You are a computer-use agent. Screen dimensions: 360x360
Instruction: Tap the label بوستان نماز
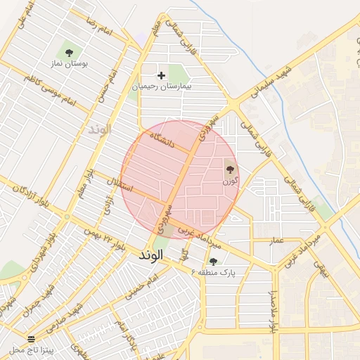(70, 64)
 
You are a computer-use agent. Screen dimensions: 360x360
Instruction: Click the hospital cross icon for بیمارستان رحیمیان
(162, 75)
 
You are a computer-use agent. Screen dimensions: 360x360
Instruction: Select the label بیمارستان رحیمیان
(162, 87)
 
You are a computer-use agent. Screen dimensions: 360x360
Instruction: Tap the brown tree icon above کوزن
(229, 169)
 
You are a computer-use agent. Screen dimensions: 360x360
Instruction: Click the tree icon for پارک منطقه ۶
(213, 261)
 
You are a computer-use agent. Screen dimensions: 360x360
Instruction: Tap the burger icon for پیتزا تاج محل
(31, 338)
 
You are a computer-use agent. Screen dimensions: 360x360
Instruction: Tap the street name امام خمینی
(140, 289)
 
